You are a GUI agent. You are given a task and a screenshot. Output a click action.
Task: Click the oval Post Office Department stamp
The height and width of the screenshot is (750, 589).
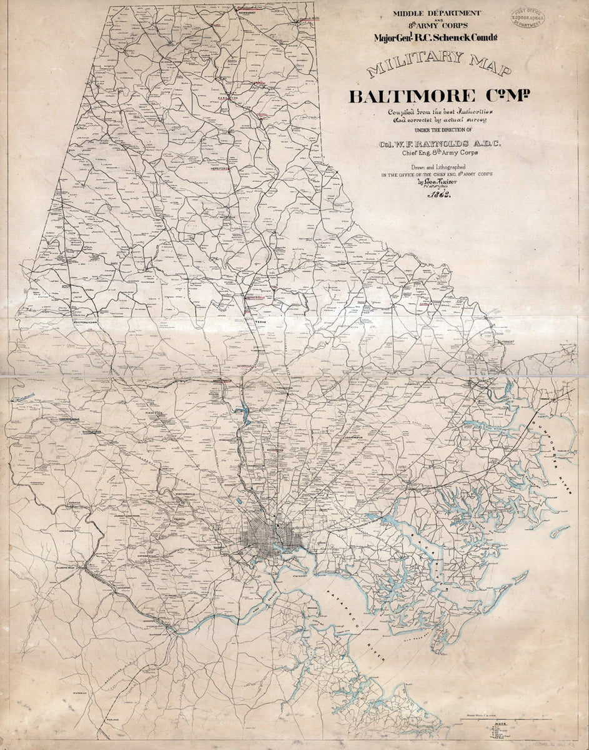coord(528,19)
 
